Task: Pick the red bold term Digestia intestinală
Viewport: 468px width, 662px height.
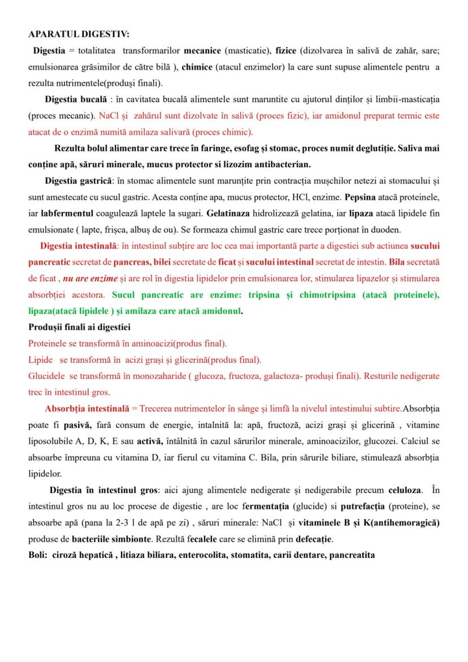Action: point(78,246)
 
